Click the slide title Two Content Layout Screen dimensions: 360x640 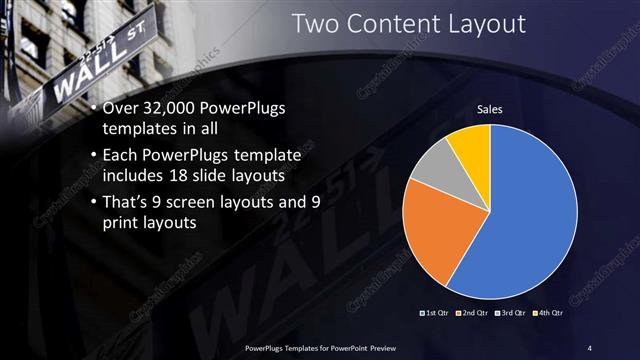tap(408, 24)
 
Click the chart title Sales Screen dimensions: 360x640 tap(489, 109)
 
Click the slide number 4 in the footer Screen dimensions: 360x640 tap(590, 347)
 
